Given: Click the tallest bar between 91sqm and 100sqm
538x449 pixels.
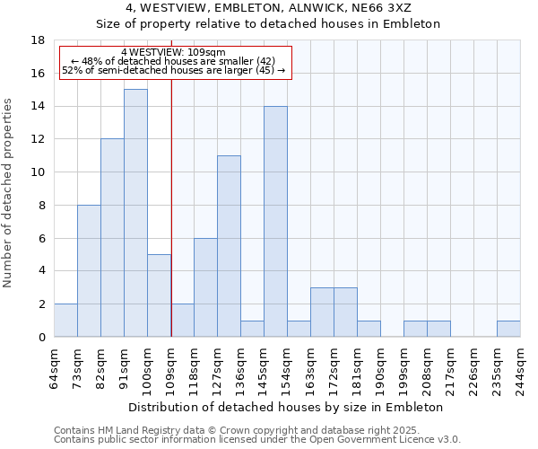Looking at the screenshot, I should (x=135, y=213).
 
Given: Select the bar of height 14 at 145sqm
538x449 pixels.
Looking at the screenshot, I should (x=275, y=222).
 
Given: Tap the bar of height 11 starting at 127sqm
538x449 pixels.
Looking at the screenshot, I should (x=229, y=246).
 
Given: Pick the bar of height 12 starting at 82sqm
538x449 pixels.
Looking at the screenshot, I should (x=112, y=238).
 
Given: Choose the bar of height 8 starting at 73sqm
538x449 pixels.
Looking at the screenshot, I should (x=89, y=270).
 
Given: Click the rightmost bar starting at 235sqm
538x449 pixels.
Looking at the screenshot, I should (x=508, y=329).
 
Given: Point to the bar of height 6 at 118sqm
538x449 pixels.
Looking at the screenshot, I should (x=205, y=287).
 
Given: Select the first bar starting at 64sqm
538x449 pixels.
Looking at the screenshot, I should (x=65, y=321).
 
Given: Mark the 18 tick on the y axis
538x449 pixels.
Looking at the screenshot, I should (x=38, y=40).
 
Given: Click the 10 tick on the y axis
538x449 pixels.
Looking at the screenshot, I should (x=38, y=172).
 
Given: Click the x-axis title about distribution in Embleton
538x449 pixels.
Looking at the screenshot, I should (x=286, y=407).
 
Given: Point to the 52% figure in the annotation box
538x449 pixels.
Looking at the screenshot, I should (x=72, y=69).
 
